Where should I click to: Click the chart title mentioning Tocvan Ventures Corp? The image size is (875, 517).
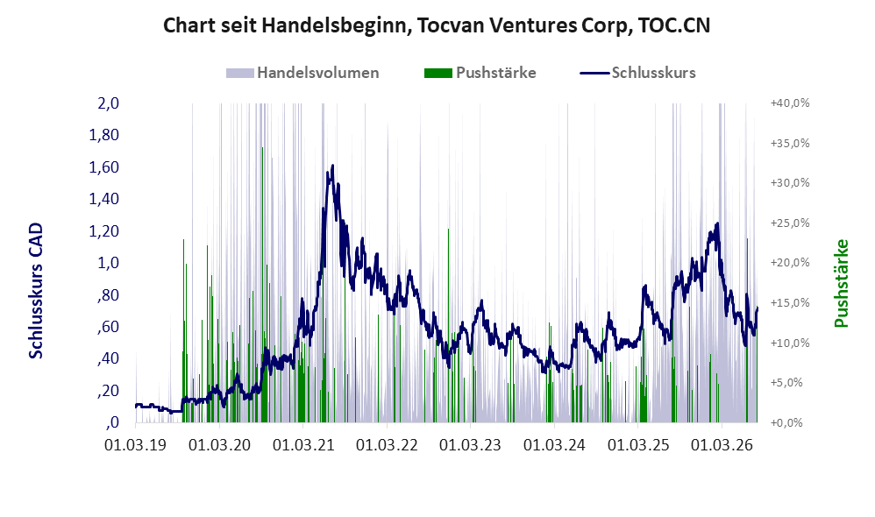click(437, 25)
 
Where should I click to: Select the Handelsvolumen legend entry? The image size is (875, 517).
click(302, 73)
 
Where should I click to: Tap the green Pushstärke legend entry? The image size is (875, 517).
click(480, 73)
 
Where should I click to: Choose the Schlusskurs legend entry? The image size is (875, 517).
click(637, 73)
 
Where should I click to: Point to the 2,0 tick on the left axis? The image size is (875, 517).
click(108, 103)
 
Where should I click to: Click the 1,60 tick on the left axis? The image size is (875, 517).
click(103, 167)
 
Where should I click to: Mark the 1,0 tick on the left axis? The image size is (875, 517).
click(108, 263)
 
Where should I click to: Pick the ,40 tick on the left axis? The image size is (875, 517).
click(108, 358)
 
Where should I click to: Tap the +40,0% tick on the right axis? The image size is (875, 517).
click(790, 103)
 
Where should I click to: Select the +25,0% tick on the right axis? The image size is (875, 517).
click(790, 223)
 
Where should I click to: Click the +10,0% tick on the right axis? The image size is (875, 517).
click(790, 343)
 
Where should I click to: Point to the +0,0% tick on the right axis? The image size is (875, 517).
click(786, 422)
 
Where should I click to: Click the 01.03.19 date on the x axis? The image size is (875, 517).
click(136, 445)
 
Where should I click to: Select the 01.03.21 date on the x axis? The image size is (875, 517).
click(303, 445)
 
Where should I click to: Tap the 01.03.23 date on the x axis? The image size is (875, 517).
click(471, 445)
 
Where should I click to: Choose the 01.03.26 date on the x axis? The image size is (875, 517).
click(722, 445)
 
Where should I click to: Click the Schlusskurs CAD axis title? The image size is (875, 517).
click(36, 291)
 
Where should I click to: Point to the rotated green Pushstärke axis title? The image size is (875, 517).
click(841, 283)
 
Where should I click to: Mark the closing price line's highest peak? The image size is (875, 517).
click(332, 166)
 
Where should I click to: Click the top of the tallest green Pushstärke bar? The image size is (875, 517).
click(262, 148)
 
